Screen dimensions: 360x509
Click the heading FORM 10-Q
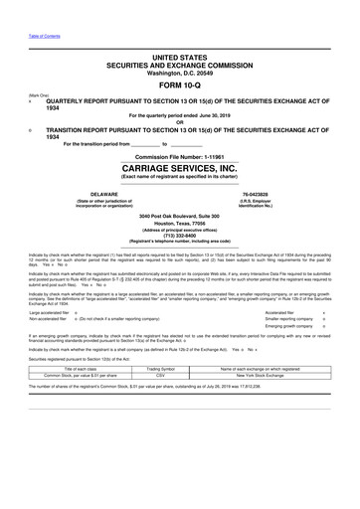179,85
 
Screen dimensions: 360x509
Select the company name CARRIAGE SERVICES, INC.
179,169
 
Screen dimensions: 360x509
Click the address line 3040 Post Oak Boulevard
179,216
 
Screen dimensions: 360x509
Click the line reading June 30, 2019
179,115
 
